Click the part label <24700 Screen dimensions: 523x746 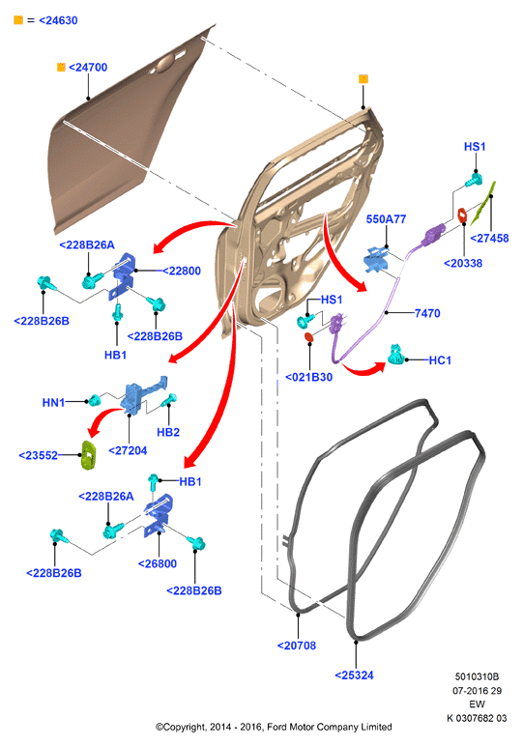(x=88, y=68)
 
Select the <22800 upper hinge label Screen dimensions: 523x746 (x=182, y=271)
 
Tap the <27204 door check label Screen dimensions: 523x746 (x=128, y=450)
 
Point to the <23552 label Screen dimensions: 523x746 (x=38, y=455)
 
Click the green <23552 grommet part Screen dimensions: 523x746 (x=89, y=455)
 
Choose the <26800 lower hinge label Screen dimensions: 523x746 (x=158, y=563)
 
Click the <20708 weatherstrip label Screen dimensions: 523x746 (x=297, y=646)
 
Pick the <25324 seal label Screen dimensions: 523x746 (x=354, y=675)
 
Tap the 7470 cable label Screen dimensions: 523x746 (x=427, y=313)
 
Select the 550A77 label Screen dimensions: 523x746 (x=386, y=219)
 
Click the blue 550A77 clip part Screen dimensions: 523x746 (x=376, y=259)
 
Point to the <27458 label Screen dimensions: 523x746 (x=489, y=239)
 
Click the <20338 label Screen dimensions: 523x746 (x=463, y=263)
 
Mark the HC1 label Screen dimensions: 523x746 (x=440, y=360)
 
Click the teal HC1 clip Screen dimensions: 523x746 (x=396, y=355)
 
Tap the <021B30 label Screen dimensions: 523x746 (x=308, y=377)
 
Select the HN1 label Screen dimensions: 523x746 (x=53, y=403)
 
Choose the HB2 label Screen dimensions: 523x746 (x=168, y=432)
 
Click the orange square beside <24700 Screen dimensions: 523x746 (x=61, y=67)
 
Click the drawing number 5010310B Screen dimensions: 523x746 (x=477, y=676)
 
